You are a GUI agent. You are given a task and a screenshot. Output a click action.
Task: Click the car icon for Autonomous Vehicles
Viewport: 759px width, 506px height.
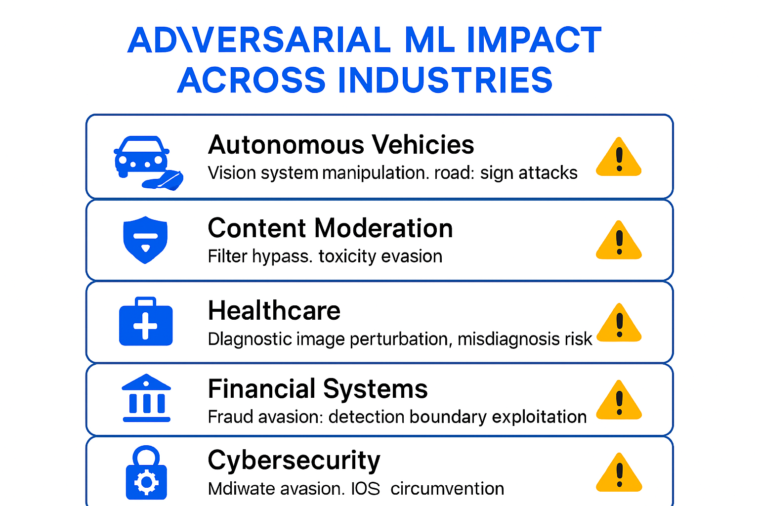142,157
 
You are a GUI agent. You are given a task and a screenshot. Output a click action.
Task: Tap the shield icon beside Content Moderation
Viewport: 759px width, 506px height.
145,240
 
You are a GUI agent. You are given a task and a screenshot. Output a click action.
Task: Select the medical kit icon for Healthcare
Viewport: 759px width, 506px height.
146,322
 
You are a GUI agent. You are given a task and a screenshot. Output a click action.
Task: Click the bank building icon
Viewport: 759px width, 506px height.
146,398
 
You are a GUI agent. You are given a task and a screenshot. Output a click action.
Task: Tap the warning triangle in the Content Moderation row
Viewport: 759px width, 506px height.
619,241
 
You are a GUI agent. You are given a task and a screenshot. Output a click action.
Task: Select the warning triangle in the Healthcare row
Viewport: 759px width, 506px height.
619,324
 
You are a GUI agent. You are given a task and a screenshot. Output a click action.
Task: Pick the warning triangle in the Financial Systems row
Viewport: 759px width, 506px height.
619,401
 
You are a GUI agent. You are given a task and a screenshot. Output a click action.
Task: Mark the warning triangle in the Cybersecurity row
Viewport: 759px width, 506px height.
619,473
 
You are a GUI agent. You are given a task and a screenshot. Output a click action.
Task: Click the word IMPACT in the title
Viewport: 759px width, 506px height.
534,40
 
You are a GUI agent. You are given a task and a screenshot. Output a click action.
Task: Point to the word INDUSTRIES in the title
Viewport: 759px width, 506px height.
445,80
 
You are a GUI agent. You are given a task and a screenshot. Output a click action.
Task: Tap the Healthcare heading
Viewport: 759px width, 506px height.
274,311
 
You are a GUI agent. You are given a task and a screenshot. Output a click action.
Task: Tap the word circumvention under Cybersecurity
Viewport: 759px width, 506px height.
447,489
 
